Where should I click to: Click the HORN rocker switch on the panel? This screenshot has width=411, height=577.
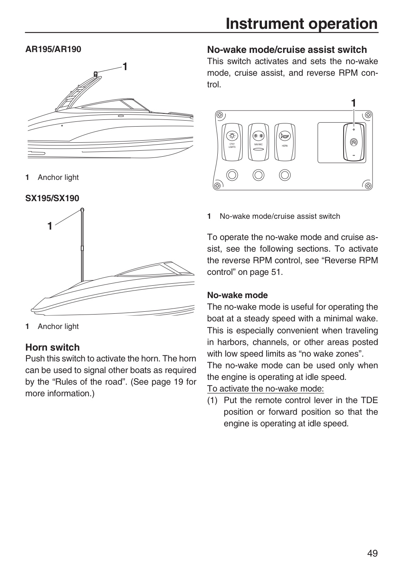285,142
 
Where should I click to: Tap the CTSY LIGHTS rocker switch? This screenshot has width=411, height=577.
232,142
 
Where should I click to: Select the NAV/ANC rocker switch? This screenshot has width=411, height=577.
258,142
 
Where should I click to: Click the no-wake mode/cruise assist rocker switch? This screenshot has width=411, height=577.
354,143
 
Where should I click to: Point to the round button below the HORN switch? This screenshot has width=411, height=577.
285,175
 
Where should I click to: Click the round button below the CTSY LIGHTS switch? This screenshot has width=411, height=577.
232,175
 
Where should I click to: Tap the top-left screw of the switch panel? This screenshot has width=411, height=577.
220,115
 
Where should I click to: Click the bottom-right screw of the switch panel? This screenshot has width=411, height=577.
368,186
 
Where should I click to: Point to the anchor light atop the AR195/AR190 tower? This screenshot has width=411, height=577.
96,74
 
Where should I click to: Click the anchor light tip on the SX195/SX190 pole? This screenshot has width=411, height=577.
82,210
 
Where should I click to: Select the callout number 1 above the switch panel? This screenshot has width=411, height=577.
354,103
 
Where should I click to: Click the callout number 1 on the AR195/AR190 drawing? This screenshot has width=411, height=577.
125,67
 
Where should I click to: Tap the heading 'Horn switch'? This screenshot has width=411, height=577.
53,347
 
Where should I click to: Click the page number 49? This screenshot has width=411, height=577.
373,553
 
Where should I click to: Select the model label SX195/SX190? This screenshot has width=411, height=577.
52,198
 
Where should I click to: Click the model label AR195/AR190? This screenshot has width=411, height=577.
53,49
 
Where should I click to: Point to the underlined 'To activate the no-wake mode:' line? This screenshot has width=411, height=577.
265,389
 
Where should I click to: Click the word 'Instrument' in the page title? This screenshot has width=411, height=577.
265,24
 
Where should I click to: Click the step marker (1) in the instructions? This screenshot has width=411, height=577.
213,400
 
